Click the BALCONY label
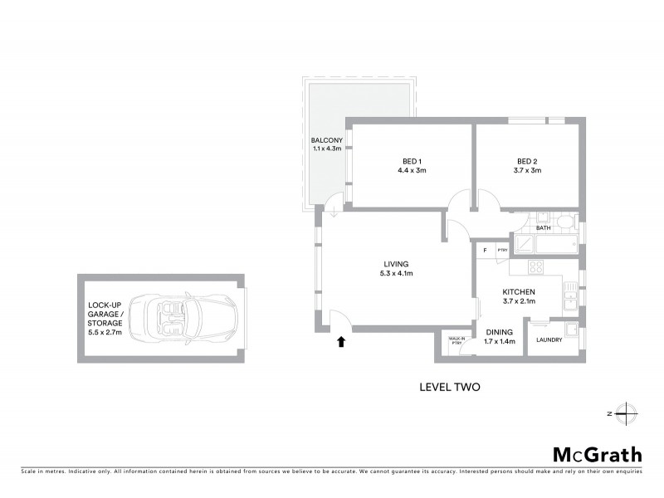coord(322,139)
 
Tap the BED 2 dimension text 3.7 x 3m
coord(528,171)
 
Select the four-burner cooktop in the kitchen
coord(535,267)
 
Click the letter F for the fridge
coord(484,250)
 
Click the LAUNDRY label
coord(549,339)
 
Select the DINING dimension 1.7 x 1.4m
coord(499,340)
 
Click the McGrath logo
coord(597,454)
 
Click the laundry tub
coord(570,327)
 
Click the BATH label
coord(544,227)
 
